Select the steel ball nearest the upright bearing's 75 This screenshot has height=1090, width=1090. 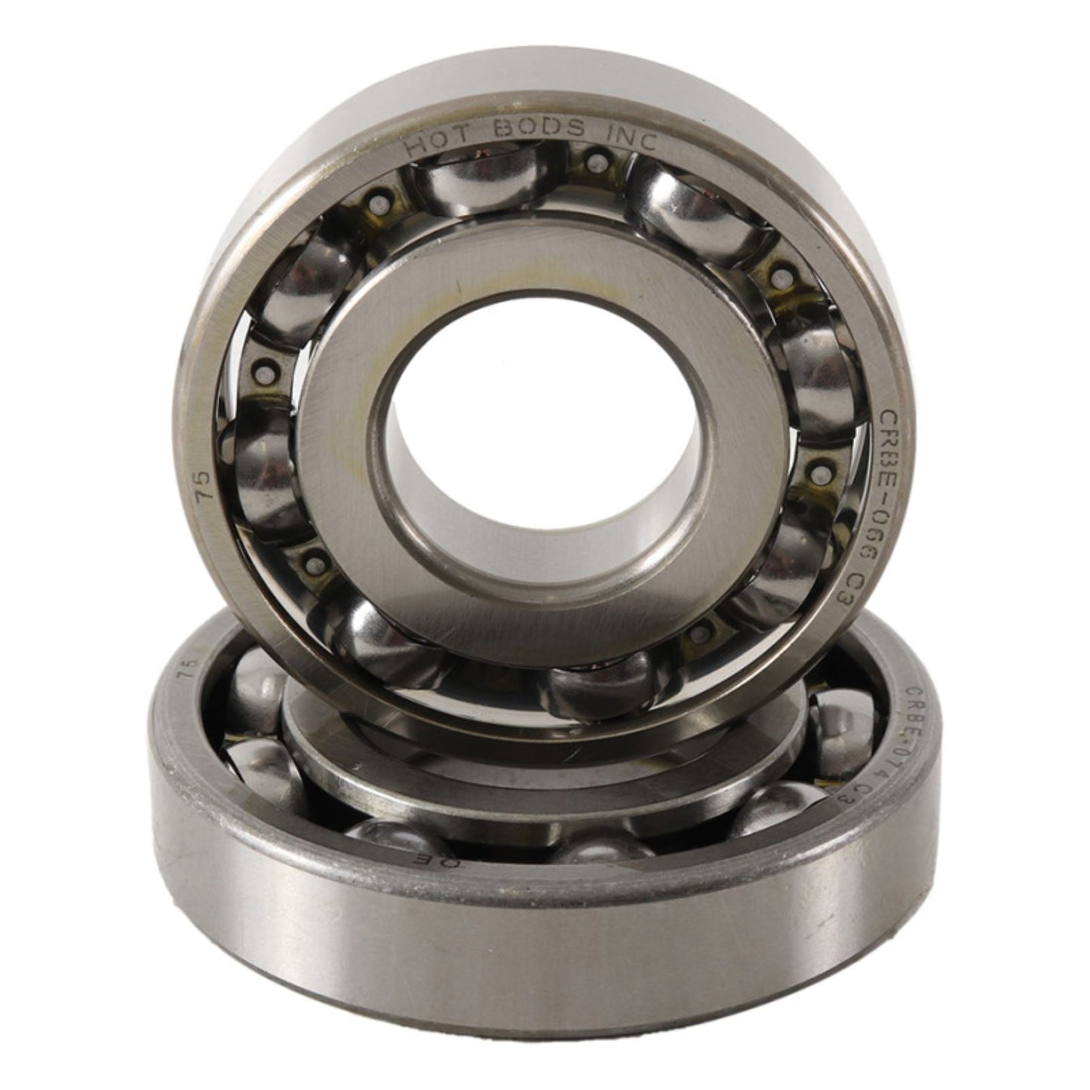tap(256, 460)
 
